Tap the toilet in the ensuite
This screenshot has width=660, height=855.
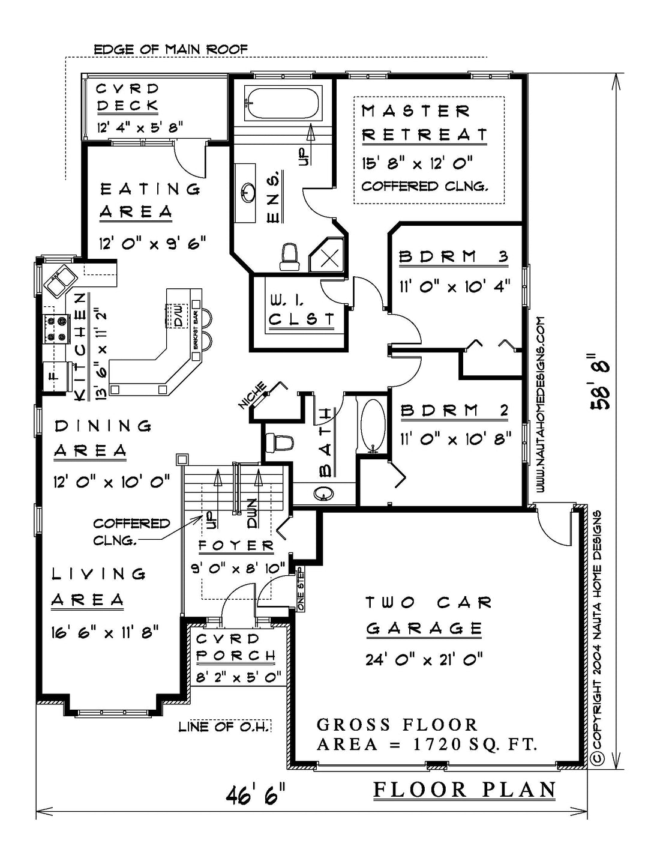point(290,257)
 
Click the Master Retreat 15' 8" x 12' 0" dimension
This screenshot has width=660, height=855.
point(416,163)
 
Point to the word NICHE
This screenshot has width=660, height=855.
point(253,395)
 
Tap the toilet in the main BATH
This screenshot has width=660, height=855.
point(279,443)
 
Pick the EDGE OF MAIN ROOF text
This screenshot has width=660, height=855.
point(171,49)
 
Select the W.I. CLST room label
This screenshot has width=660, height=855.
point(302,311)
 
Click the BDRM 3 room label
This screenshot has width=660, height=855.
point(454,257)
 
